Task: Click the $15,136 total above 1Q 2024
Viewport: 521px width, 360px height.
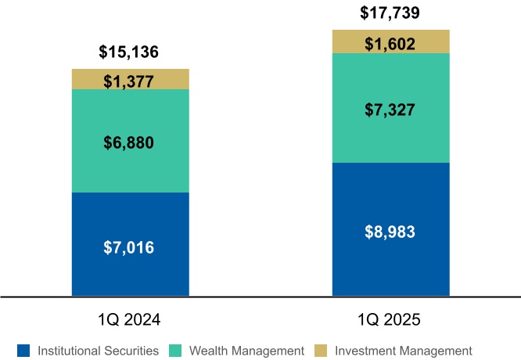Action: (x=129, y=53)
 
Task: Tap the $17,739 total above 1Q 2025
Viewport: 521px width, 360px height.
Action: (x=390, y=13)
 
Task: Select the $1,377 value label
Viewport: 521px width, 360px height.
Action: (x=129, y=80)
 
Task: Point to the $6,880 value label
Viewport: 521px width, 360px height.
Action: (x=129, y=142)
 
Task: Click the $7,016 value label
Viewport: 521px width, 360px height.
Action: (x=129, y=247)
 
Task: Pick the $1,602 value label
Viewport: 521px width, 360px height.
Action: (x=390, y=44)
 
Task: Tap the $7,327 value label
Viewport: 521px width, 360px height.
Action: (x=390, y=110)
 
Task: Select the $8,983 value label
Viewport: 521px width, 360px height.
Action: (x=390, y=232)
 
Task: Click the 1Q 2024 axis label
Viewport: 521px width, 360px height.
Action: (x=129, y=320)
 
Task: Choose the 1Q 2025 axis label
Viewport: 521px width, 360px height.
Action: (x=390, y=320)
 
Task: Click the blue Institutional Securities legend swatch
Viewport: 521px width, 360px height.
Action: (x=23, y=351)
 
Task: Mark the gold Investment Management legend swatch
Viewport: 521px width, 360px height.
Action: (x=321, y=351)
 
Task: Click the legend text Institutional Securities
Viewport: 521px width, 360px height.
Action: (x=98, y=351)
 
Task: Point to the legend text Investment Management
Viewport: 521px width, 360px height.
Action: (x=403, y=351)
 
